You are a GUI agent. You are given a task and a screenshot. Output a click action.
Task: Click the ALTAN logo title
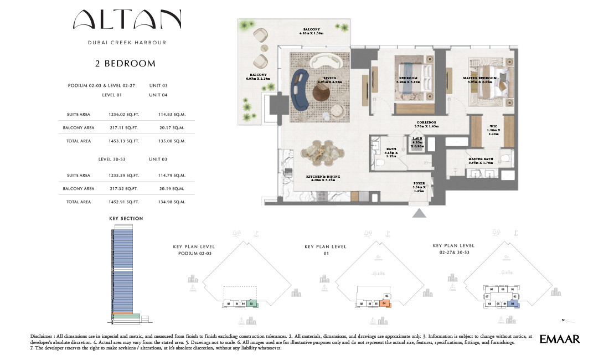click(x=127, y=20)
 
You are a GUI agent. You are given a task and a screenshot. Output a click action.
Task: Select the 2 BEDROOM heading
click(x=125, y=64)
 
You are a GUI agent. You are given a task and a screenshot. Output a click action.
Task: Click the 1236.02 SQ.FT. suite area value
click(x=123, y=115)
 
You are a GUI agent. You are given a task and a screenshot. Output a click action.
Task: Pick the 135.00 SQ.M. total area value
click(x=171, y=141)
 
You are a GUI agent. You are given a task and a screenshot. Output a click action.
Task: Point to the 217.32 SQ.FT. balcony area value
click(x=123, y=189)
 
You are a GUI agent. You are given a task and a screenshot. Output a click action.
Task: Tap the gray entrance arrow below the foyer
click(x=419, y=213)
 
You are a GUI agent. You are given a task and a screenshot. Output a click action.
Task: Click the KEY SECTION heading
click(x=126, y=219)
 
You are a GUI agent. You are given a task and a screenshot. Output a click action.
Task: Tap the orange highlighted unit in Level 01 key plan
click(x=384, y=304)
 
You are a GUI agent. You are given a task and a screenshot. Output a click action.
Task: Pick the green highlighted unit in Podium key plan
click(x=251, y=304)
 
